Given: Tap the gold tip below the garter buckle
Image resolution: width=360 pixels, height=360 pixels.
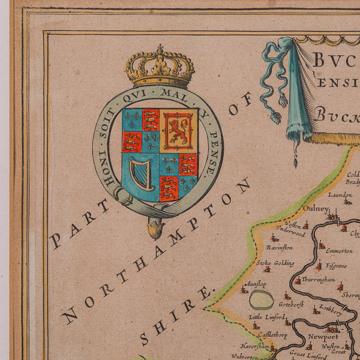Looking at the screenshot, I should coord(155,229).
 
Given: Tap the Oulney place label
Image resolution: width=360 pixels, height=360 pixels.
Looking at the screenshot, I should coord(316,209).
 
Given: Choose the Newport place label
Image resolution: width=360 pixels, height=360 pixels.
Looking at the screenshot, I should coord(322,337).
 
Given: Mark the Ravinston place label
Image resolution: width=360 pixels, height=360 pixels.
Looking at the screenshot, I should coord(280,247).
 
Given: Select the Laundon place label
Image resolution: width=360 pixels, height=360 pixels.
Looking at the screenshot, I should coord(340,194).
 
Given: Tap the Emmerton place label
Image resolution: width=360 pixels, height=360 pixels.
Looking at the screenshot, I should coord(340,251).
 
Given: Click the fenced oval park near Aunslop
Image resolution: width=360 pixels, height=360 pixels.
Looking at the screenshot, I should coord(261,299).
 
